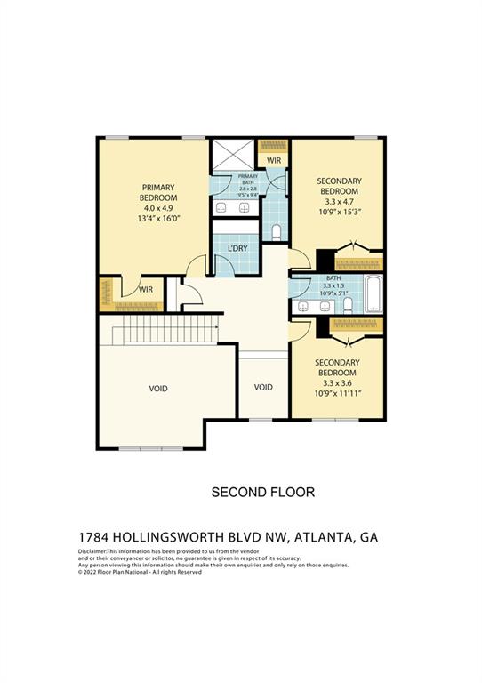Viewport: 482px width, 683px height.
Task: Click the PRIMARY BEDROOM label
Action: pos(159,192)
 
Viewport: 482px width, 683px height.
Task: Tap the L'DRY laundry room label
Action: pos(237,248)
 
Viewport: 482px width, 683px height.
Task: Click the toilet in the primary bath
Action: pos(277,233)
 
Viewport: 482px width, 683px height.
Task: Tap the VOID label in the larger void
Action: pos(158,389)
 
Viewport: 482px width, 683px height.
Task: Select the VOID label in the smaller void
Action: pos(263,387)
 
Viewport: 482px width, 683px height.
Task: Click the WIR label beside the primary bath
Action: pos(274,161)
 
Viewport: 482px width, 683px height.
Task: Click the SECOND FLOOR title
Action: pos(262,492)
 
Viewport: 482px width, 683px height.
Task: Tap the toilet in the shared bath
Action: pos(348,304)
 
